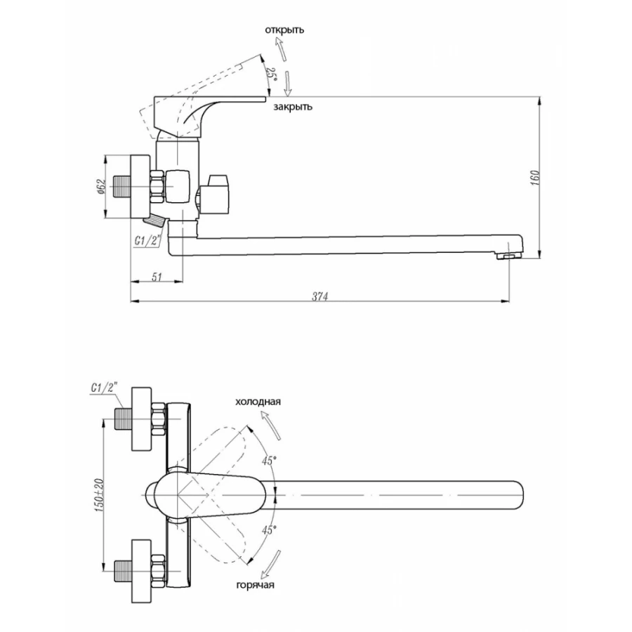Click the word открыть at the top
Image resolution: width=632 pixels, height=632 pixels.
click(x=284, y=30)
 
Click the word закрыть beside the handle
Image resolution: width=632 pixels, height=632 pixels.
click(x=293, y=107)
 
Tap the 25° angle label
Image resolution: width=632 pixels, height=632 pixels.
click(x=272, y=74)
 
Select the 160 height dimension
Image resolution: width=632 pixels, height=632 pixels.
click(x=535, y=178)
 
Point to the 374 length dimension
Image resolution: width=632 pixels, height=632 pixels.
click(x=320, y=296)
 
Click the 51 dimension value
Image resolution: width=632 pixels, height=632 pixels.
click(x=157, y=277)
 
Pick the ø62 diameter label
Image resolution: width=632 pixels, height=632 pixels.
click(x=101, y=187)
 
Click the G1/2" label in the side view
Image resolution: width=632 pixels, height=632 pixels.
click(x=148, y=241)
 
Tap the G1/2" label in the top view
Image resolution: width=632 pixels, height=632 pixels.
click(x=103, y=388)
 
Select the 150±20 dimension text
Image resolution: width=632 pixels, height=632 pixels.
click(x=99, y=495)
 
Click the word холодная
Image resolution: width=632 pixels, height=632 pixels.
click(x=258, y=402)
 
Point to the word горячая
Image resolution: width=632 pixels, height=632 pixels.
click(x=256, y=585)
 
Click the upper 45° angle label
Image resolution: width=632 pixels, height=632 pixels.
click(x=269, y=461)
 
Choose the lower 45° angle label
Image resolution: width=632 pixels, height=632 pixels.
click(x=269, y=529)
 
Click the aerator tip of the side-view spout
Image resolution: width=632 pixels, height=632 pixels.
click(x=508, y=256)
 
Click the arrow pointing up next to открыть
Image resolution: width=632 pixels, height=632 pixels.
click(x=280, y=48)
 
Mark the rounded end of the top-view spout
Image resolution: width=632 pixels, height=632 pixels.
click(x=519, y=495)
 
